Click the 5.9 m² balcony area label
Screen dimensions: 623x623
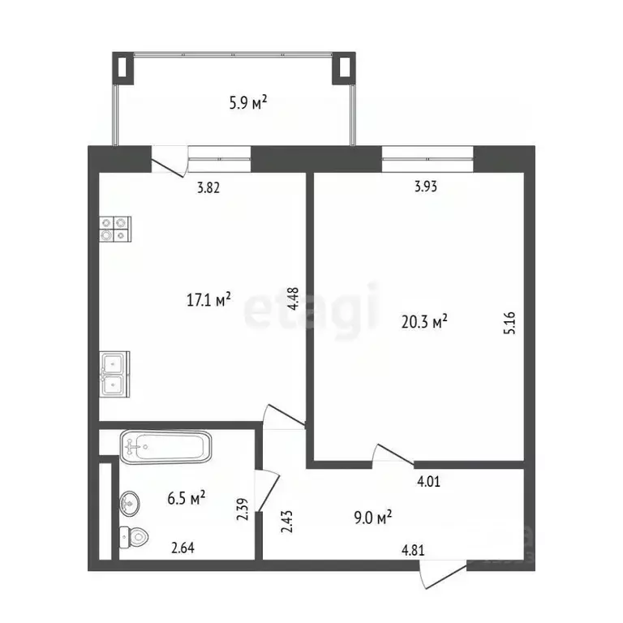pos(249,103)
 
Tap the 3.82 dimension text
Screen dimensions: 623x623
pos(209,187)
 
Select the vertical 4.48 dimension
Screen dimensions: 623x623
pos(294,302)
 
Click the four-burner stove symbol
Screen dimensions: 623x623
pos(114,229)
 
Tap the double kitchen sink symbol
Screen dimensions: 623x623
pos(114,373)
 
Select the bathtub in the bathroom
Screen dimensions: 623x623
pos(165,446)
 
